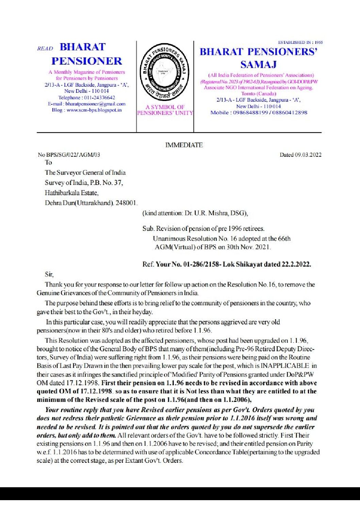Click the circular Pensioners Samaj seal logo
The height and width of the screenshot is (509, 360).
[165, 72]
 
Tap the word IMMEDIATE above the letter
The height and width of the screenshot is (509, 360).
[184, 145]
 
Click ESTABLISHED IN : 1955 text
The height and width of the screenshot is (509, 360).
[300, 43]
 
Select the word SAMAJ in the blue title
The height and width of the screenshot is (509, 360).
[258, 64]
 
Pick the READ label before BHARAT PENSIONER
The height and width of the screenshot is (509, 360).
[45, 48]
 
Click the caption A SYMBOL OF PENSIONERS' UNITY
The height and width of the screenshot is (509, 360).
[165, 110]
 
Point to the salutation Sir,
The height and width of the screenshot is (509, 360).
[49, 274]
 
